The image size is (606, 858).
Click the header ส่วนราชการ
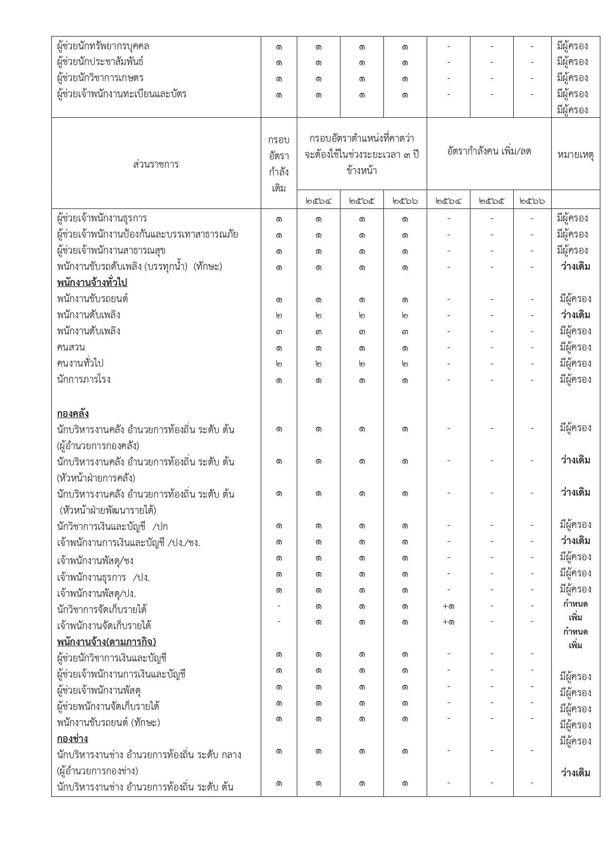(x=156, y=164)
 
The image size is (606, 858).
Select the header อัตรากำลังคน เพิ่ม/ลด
(x=489, y=152)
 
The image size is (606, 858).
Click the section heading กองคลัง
(x=73, y=414)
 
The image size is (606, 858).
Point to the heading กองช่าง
(x=72, y=738)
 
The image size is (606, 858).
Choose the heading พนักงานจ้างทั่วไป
(x=92, y=283)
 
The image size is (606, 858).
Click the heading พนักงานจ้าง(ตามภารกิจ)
(x=106, y=641)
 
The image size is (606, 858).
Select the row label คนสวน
(x=71, y=348)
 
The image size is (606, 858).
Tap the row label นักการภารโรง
(x=84, y=380)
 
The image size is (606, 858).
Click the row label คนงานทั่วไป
(x=80, y=364)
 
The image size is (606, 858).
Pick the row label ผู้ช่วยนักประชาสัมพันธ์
(x=100, y=62)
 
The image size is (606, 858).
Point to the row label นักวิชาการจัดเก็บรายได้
(x=102, y=609)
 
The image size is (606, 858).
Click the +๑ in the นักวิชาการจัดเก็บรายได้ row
(x=448, y=606)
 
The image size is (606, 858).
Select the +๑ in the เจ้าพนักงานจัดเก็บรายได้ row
(x=448, y=622)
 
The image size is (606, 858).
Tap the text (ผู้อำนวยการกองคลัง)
(x=98, y=446)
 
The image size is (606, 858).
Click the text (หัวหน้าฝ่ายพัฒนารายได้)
(x=108, y=510)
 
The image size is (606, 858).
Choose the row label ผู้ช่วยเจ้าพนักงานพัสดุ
(x=99, y=690)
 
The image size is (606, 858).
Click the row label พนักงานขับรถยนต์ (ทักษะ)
(x=108, y=723)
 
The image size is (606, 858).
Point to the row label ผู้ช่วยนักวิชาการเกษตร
(x=100, y=78)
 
